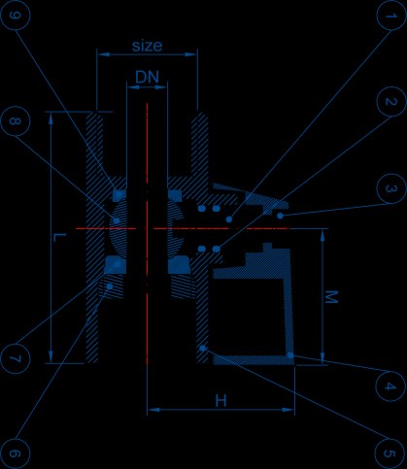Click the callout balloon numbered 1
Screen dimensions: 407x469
pos(391,16)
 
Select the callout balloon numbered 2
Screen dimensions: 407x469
pos(391,101)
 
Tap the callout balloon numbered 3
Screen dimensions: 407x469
pos(391,188)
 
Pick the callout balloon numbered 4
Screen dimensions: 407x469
pos(390,385)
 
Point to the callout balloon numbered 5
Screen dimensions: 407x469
pos(390,453)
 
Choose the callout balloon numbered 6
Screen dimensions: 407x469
pos(16,453)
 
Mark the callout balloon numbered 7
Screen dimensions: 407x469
pos(16,358)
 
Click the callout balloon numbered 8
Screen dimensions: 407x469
pos(16,121)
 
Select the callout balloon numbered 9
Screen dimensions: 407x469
pos(16,16)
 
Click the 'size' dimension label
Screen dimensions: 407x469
pos(147,46)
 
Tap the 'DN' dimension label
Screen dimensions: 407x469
pos(148,77)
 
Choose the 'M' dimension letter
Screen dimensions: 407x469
pos(331,297)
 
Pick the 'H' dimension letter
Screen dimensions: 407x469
pos(220,401)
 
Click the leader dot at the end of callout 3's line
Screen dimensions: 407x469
pos(280,216)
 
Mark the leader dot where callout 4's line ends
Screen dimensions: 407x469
pos(290,355)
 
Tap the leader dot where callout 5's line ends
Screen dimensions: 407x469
pos(203,348)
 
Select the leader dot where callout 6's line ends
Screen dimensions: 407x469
pos(110,286)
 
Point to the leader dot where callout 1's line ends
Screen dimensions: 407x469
pos(229,219)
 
